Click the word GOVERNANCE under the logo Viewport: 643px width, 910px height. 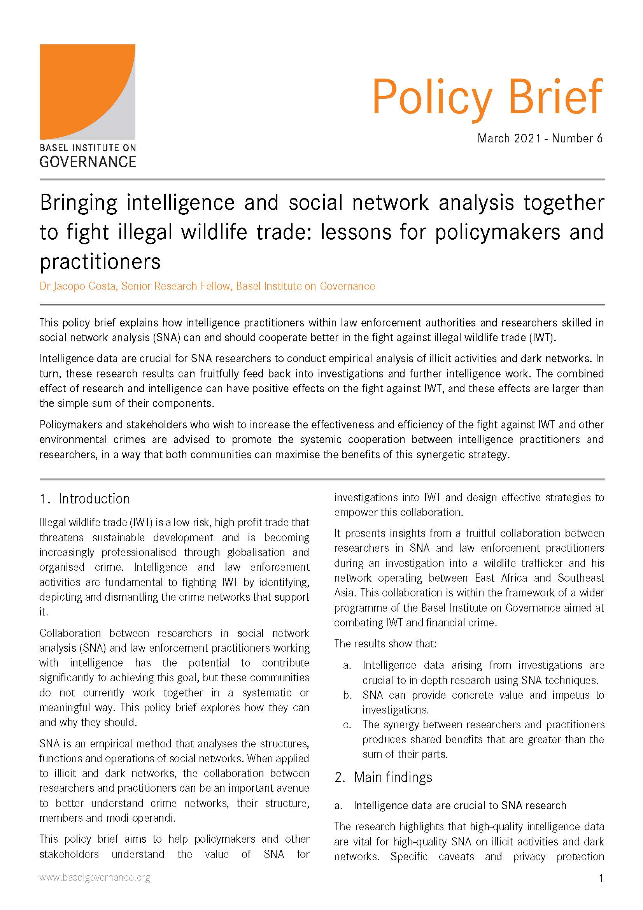(88, 162)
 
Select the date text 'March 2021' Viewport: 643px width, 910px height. (509, 139)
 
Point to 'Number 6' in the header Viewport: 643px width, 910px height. (577, 139)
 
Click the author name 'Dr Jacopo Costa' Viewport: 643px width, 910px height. (78, 286)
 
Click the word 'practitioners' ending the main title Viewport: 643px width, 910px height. (100, 261)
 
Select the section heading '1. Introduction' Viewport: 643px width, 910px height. (85, 499)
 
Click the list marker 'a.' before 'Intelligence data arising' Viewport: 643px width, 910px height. (347, 665)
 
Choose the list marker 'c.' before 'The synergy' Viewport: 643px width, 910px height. (347, 725)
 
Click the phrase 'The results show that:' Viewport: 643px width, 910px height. (385, 643)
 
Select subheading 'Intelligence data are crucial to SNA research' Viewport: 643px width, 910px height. (459, 805)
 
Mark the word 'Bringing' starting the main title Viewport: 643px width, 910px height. (79, 203)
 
